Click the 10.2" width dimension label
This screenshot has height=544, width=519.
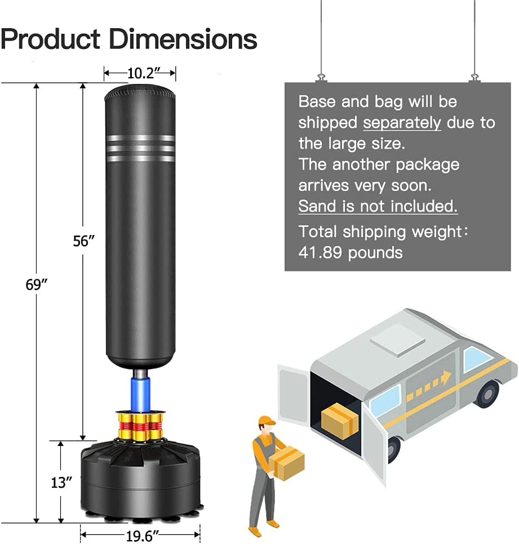(140, 73)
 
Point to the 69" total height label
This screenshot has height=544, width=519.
(37, 285)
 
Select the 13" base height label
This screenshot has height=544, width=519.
(61, 483)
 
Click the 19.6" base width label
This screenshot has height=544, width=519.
(140, 536)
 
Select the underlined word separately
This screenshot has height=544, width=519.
(402, 123)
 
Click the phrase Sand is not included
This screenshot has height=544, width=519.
(378, 206)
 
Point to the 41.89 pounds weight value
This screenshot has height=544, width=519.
(351, 252)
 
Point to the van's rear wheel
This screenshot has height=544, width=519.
(486, 393)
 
